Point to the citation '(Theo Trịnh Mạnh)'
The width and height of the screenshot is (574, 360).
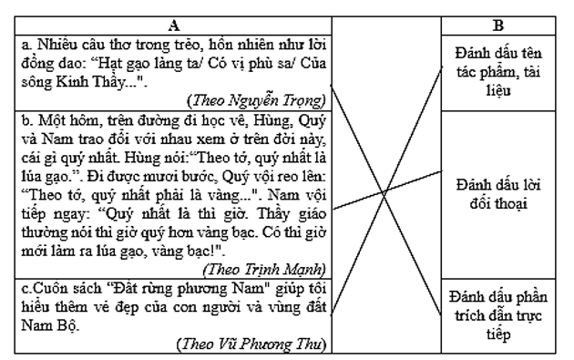click(x=265, y=269)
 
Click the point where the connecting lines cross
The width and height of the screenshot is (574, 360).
click(x=386, y=190)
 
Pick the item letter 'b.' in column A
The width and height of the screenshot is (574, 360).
click(x=27, y=119)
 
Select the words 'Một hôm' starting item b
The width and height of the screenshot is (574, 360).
click(x=61, y=119)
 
